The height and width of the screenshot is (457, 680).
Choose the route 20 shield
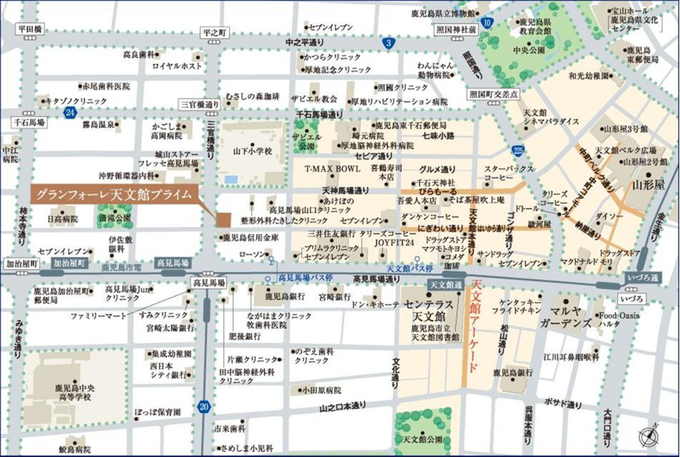[204, 406]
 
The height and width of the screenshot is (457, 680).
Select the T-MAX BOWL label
[326, 169]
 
